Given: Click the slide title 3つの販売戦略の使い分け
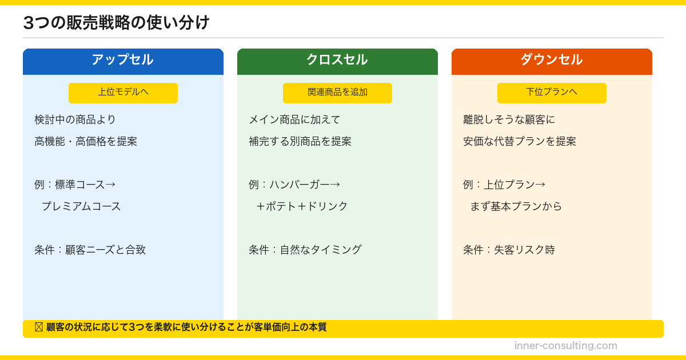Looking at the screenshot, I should [x=116, y=23].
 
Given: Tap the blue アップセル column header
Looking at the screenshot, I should [x=123, y=60].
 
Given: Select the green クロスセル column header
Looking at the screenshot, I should [x=337, y=60].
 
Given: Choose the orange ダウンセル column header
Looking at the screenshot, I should [x=552, y=60].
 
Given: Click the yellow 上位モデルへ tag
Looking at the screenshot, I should [x=123, y=93].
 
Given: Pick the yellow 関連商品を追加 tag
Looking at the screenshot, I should [x=337, y=93].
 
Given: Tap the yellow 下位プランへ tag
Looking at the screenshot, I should [x=552, y=93].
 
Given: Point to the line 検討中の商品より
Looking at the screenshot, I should [x=75, y=120].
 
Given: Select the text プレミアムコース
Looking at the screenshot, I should [x=81, y=207].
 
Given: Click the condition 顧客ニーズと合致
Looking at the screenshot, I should [x=105, y=250].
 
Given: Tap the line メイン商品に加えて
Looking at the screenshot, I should [x=294, y=120].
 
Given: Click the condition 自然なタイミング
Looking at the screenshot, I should [x=320, y=250].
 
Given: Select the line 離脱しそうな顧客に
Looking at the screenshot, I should [x=509, y=120].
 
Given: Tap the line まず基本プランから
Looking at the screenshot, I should [x=516, y=207].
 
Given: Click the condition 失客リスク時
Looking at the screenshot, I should [x=524, y=250].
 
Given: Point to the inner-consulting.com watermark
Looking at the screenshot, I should [x=565, y=346].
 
